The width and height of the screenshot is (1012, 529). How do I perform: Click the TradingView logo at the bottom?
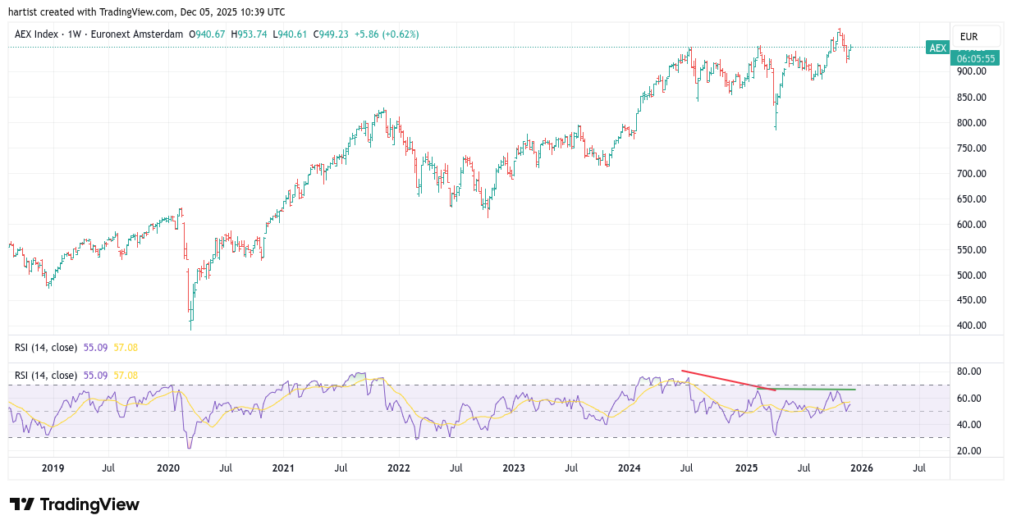coord(75,504)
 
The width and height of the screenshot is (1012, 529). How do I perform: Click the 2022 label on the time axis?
coord(398,468)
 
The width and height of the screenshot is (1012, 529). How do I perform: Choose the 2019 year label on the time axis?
coord(53,468)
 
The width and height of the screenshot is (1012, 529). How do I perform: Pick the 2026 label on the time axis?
coord(861,468)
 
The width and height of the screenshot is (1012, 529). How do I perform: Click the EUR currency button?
coord(968,37)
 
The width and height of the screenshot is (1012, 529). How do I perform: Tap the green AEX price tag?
coord(937,48)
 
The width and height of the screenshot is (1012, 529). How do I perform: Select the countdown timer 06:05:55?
coord(976,58)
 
